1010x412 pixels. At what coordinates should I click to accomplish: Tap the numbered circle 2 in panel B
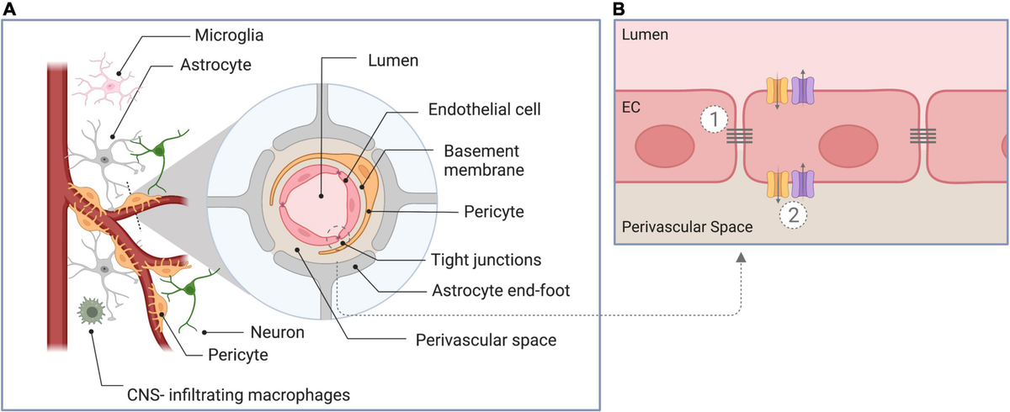tap(792, 214)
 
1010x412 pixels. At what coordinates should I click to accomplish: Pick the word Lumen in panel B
tap(642, 36)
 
